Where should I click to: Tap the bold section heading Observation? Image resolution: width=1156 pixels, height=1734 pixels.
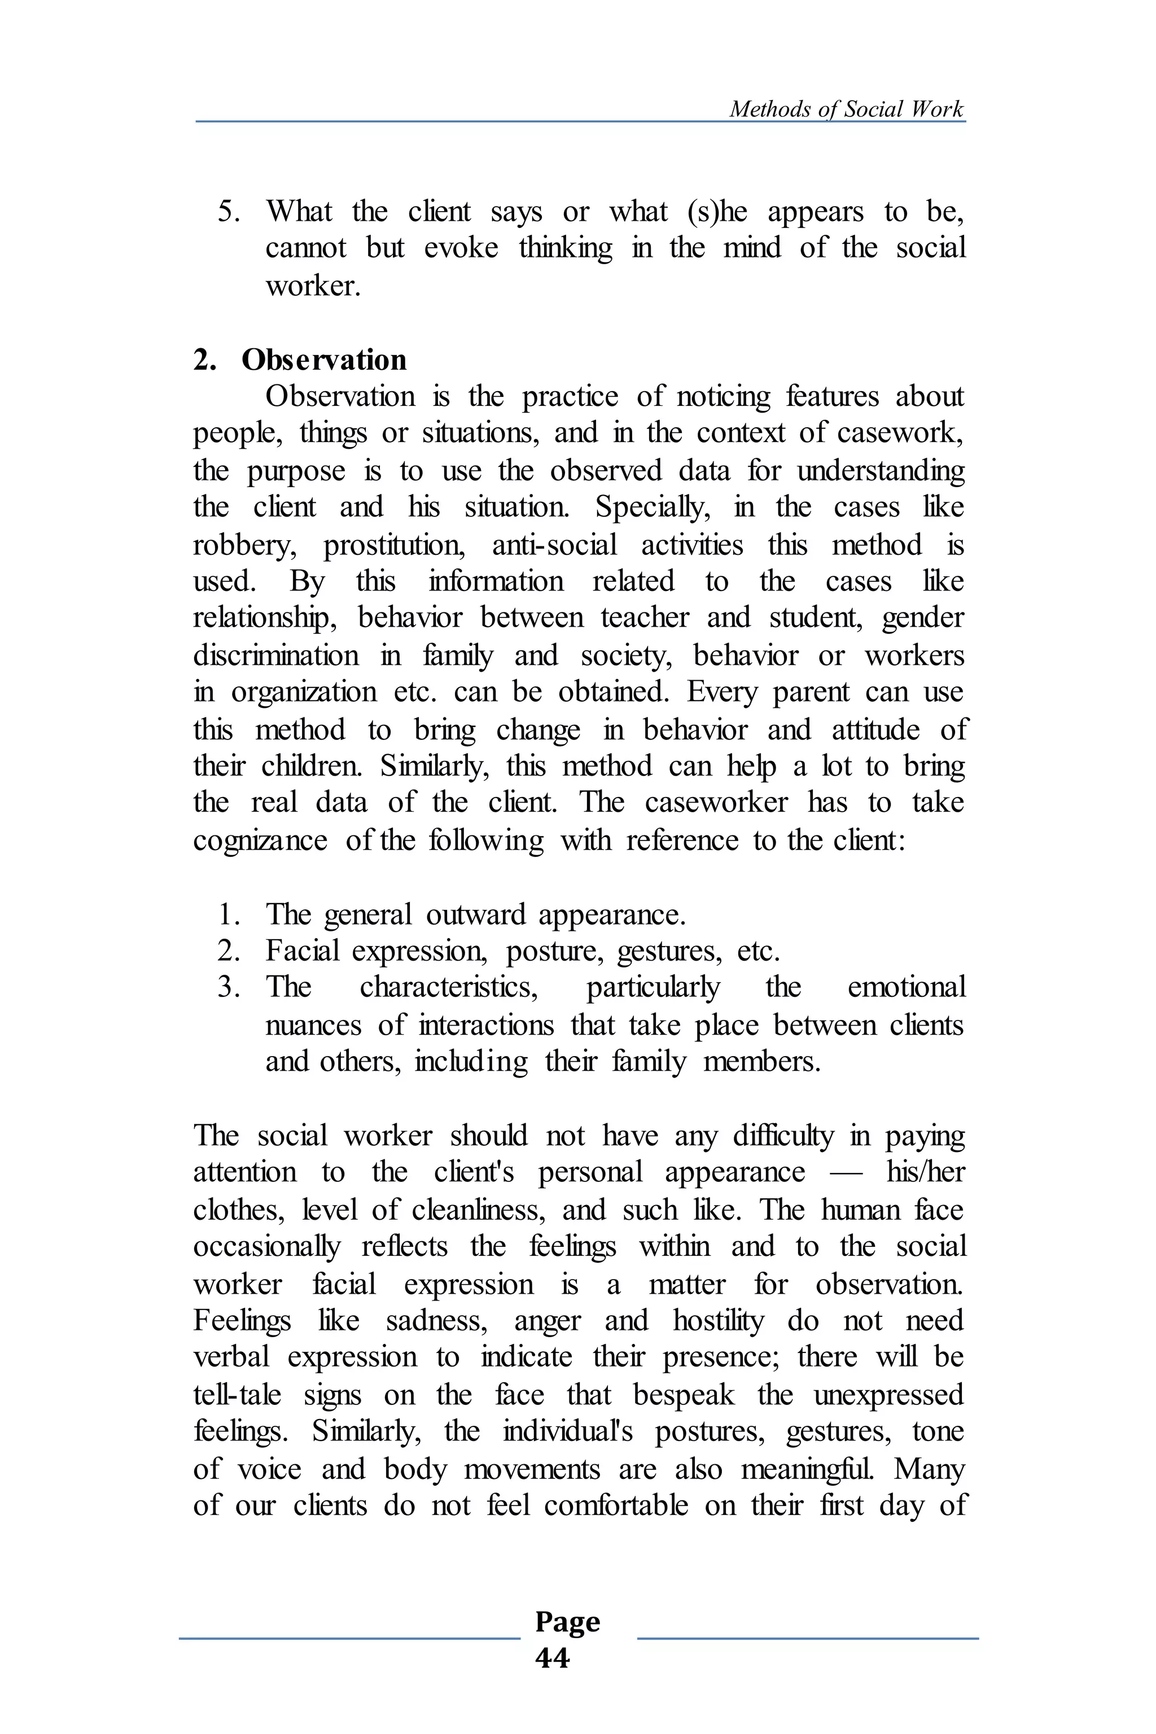coord(323,360)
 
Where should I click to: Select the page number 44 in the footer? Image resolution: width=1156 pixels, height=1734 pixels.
coord(552,1658)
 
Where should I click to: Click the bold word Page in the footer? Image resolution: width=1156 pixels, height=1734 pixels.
coord(567,1621)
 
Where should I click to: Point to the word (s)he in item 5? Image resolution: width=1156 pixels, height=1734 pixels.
coord(717,212)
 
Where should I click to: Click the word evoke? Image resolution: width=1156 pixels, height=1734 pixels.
coord(461,248)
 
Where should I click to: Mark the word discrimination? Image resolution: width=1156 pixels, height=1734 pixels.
coord(275,655)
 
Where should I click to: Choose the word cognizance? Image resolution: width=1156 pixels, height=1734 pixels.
coord(260,840)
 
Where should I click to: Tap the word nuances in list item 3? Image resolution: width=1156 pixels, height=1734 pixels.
coord(313,1026)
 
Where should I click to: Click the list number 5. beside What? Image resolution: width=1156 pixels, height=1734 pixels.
coord(229,212)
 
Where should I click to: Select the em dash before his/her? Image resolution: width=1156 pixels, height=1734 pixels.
coord(846,1173)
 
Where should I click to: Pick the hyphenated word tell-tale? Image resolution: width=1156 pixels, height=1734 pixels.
coord(237,1395)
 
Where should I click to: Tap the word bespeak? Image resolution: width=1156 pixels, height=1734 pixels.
coord(684,1395)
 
